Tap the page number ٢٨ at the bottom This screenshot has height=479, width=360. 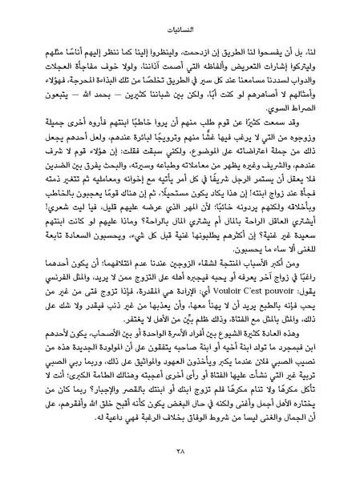180,453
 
